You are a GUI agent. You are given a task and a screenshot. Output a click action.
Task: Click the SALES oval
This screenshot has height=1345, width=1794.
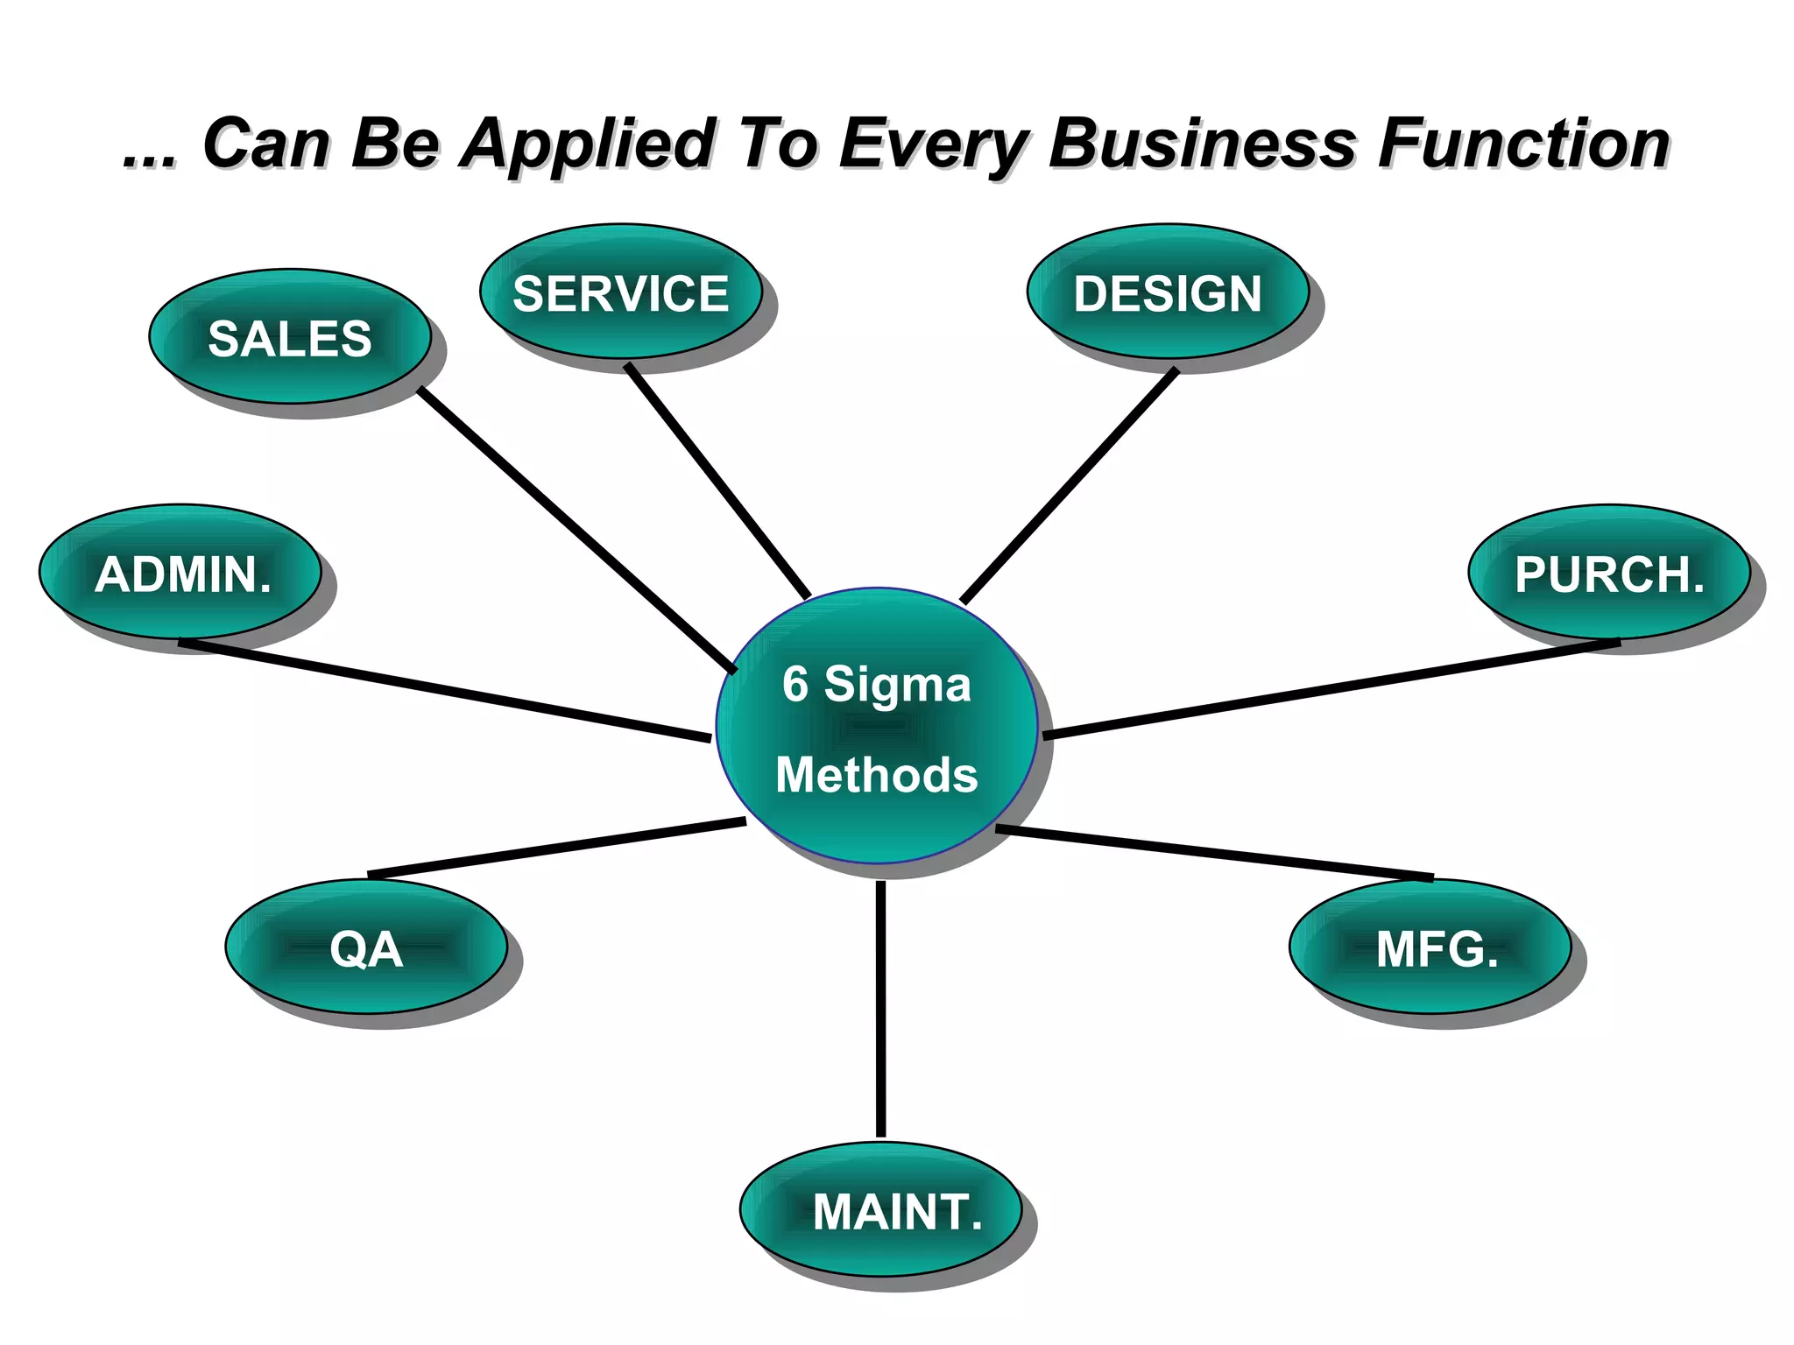(289, 337)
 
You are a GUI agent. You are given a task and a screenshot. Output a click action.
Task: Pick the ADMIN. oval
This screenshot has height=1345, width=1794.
(181, 573)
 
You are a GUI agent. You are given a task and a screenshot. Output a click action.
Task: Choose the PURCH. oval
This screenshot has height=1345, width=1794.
(1609, 573)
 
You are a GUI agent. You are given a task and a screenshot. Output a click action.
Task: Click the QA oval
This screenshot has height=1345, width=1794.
(366, 947)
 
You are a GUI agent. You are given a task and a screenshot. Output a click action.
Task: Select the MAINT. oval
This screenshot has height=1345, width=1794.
(881, 1210)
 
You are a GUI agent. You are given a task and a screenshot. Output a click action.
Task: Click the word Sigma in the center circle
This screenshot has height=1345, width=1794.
(897, 684)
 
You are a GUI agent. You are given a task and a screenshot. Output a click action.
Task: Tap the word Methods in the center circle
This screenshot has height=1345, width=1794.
(876, 775)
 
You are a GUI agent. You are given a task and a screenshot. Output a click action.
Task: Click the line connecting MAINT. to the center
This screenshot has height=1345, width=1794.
(880, 1007)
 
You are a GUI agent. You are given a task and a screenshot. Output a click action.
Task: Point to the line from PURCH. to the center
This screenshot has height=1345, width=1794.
(1331, 689)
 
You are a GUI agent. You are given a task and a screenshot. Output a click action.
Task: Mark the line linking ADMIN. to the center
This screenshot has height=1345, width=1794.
(445, 692)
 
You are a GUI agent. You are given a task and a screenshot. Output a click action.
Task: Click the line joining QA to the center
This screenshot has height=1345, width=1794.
(557, 848)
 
